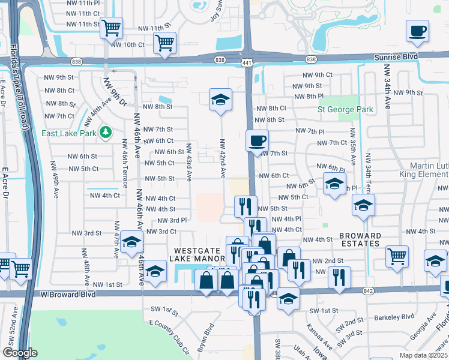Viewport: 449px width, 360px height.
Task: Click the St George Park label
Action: [345, 109]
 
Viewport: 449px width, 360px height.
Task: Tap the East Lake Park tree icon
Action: [106, 131]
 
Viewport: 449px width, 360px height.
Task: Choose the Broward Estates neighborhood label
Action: [359, 239]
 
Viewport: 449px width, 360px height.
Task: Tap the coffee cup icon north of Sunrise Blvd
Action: [417, 31]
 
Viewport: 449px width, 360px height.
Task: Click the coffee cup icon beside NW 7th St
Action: [258, 142]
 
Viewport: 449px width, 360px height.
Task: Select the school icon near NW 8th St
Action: [220, 100]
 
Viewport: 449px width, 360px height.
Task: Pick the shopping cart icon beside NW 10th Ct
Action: [164, 43]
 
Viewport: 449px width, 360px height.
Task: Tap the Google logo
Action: [20, 353]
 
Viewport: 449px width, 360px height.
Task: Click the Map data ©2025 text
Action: [423, 355]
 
